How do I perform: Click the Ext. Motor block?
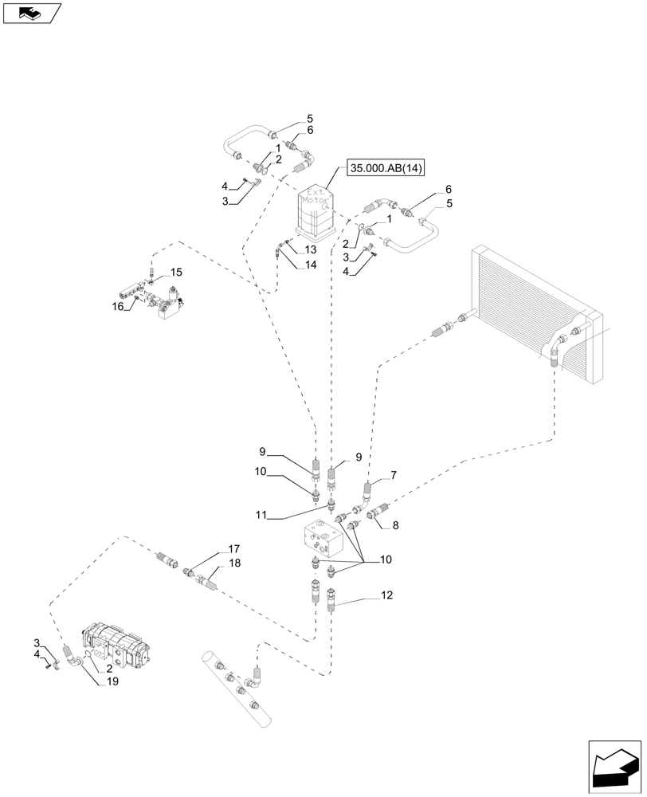pyautogui.click(x=316, y=211)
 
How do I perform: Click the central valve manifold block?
pyautogui.click(x=324, y=542)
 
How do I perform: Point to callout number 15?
pyautogui.click(x=176, y=272)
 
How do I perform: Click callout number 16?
pyautogui.click(x=118, y=305)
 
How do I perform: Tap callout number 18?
pyautogui.click(x=234, y=563)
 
